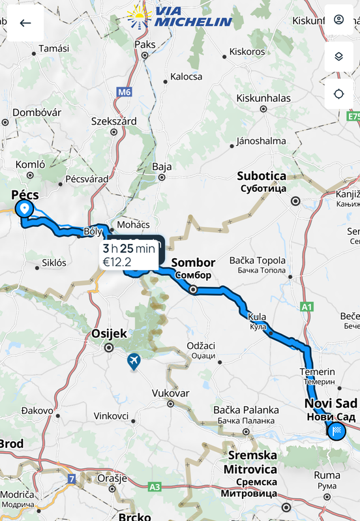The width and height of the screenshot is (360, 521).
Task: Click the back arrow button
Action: click(25, 23)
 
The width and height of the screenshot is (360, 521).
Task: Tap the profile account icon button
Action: click(338, 20)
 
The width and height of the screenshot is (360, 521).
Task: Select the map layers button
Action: click(338, 57)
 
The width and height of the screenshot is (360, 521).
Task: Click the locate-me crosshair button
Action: click(338, 94)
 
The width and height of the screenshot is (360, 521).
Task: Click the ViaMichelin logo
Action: click(180, 17)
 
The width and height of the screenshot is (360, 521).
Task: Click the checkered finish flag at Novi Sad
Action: click(337, 430)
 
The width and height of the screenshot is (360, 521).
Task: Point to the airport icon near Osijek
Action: click(134, 361)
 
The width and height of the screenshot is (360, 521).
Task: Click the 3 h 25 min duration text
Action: click(129, 248)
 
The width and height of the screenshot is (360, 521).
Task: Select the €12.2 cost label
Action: click(117, 262)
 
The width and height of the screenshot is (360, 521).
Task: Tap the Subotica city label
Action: click(262, 176)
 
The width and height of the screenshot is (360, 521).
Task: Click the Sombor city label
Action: click(193, 263)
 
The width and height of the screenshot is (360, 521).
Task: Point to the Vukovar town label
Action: click(170, 393)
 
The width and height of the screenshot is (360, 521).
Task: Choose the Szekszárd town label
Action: click(114, 121)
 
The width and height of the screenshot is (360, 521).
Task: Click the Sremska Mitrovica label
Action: click(250, 462)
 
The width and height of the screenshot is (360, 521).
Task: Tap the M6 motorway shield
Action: click(124, 92)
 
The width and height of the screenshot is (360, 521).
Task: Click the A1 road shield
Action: click(307, 306)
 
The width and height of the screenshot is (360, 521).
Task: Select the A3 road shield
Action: click(155, 486)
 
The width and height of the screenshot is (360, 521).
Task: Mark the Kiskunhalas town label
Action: click(263, 98)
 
